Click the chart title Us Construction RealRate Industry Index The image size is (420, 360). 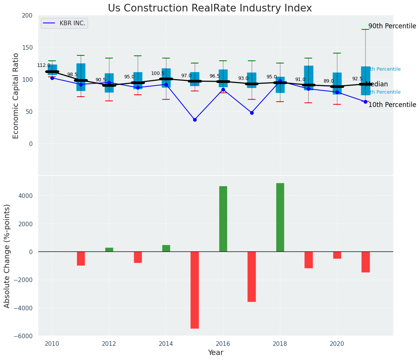(x=210, y=8)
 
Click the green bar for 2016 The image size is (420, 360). (x=223, y=219)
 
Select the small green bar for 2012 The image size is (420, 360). (x=109, y=250)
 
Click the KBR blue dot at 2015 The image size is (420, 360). (x=195, y=120)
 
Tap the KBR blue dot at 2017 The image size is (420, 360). (x=252, y=113)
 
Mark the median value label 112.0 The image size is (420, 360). (x=44, y=65)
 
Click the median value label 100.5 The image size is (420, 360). (x=158, y=73)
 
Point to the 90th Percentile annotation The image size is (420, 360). (x=392, y=26)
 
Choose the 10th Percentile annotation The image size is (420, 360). (x=392, y=105)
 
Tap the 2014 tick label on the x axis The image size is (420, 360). (x=166, y=344)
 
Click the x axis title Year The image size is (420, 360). (x=215, y=353)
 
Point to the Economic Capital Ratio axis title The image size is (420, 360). (x=16, y=96)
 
